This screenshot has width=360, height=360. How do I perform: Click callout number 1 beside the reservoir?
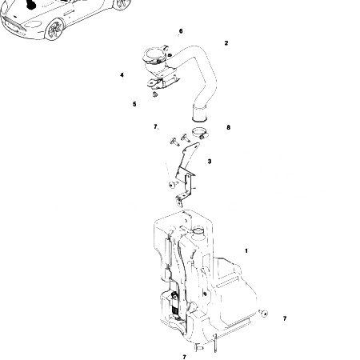pyautogui.click(x=246, y=250)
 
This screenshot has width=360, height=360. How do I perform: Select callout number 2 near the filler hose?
pyautogui.click(x=226, y=43)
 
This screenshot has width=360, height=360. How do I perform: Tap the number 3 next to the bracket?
pyautogui.click(x=210, y=162)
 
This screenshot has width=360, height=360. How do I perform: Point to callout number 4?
pyautogui.click(x=122, y=75)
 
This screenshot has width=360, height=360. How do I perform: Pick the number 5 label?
pyautogui.click(x=134, y=104)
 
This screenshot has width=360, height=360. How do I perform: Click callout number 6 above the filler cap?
pyautogui.click(x=181, y=31)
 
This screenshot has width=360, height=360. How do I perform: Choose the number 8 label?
pyautogui.click(x=228, y=127)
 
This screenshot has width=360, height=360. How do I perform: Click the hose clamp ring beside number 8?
pyautogui.click(x=200, y=133)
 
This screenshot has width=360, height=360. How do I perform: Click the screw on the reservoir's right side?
pyautogui.click(x=263, y=313)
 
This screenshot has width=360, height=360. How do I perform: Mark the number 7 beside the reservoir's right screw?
pyautogui.click(x=285, y=318)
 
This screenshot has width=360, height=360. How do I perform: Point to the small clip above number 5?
pyautogui.click(x=154, y=94)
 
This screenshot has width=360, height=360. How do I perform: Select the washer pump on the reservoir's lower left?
pyautogui.click(x=175, y=306)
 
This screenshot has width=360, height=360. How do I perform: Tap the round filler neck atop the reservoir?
pyautogui.click(x=198, y=230)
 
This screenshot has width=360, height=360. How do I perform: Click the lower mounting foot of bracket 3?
pyautogui.click(x=179, y=202)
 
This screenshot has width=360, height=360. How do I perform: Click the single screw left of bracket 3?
pyautogui.click(x=173, y=184)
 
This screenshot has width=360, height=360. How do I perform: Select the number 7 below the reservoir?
pyautogui.click(x=185, y=357)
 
